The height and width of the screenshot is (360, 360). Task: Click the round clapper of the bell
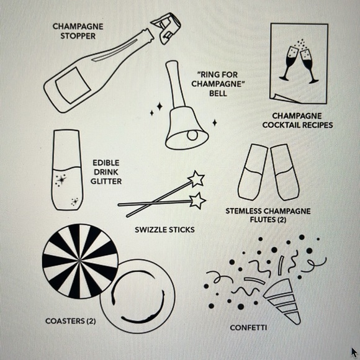pyautogui.click(x=193, y=135)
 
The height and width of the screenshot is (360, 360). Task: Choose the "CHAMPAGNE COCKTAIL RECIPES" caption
pyautogui.click(x=297, y=120)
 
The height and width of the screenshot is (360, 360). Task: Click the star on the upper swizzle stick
pyautogui.click(x=196, y=179)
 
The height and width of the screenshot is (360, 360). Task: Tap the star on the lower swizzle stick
pyautogui.click(x=197, y=200)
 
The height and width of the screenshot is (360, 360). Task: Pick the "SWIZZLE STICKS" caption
pyautogui.click(x=164, y=230)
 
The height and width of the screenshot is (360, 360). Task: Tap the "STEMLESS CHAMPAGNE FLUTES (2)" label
pyautogui.click(x=268, y=215)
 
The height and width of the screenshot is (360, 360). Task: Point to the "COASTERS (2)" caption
pyautogui.click(x=70, y=321)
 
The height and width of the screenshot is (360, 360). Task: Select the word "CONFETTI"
pyautogui.click(x=248, y=327)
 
